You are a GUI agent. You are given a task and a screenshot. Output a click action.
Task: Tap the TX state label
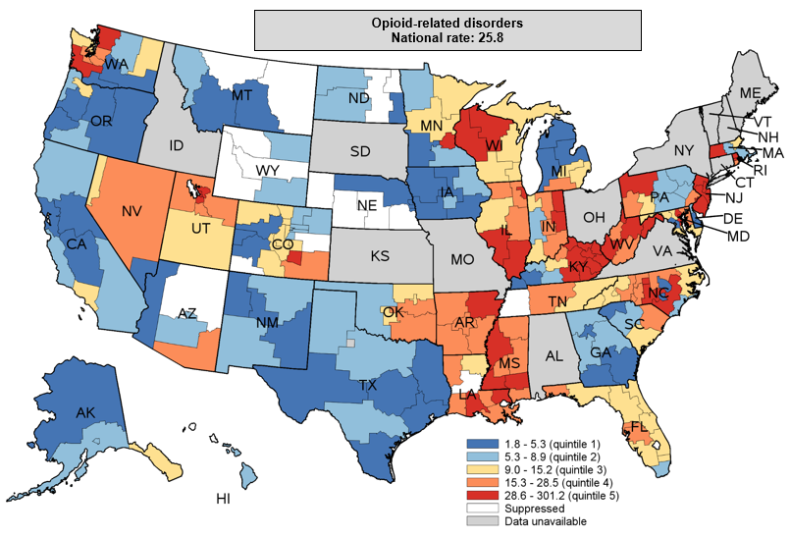(x=367, y=386)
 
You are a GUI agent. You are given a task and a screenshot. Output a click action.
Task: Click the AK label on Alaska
(x=86, y=413)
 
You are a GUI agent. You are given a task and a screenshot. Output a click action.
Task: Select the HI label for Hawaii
(x=224, y=500)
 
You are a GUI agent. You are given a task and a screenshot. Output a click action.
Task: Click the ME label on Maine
(x=750, y=92)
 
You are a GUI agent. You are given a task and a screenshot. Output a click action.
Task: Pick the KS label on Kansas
(x=380, y=255)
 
